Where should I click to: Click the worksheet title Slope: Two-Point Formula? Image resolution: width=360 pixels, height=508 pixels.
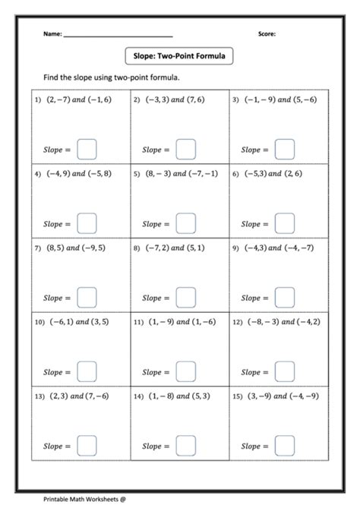pos(179,55)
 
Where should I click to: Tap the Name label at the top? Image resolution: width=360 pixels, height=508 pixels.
pos(51,34)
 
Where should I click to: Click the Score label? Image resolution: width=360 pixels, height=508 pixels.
pos(267,34)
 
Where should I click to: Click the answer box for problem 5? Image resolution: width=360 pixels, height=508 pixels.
pos(185,223)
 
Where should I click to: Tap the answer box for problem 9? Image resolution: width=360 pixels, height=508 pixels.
pos(284,298)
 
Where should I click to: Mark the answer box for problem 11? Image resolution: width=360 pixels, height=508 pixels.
pos(185,371)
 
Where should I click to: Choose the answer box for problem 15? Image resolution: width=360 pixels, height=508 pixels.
pos(284,446)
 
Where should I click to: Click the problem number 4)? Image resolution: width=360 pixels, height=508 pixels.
pos(36,174)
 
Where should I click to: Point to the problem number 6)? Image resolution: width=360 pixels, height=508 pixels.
pos(235,174)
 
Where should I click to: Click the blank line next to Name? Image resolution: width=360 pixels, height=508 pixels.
pos(118,36)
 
